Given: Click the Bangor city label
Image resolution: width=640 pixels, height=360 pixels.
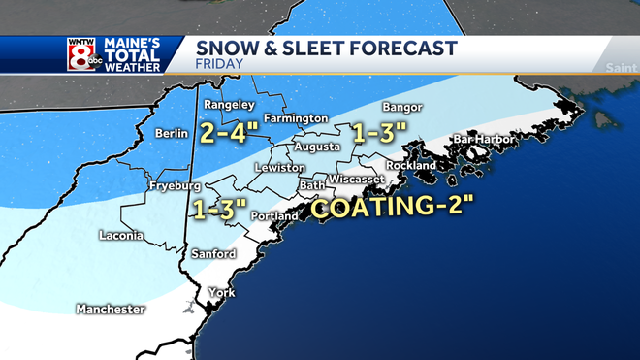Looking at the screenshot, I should point(401,106).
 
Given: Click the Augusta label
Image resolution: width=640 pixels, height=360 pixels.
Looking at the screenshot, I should point(320,147).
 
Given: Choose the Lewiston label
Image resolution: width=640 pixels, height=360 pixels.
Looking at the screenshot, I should point(280,168).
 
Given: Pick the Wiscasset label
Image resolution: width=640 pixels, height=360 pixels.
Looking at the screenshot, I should point(357,180).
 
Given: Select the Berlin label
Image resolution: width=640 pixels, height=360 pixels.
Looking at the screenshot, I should point(173,133).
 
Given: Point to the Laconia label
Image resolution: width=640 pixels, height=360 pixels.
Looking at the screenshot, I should point(122,235).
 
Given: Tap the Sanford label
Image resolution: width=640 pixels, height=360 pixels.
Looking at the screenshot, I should point(214,254).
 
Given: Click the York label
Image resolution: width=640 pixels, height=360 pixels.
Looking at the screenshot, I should point(222,292).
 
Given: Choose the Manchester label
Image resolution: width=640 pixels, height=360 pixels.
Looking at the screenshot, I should point(111,310).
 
